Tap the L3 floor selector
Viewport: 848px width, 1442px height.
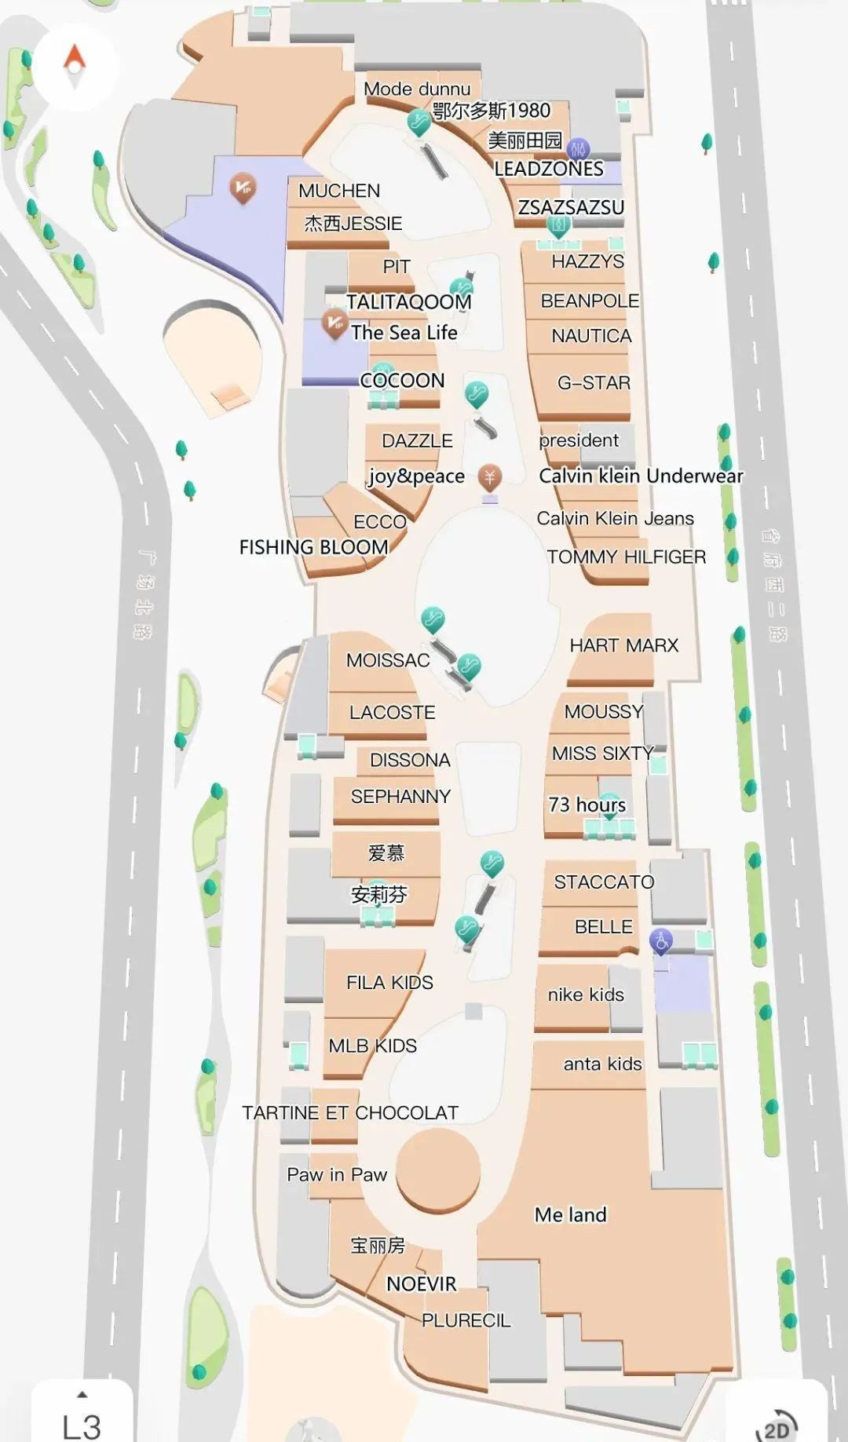82,1422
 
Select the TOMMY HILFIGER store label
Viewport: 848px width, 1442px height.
626,557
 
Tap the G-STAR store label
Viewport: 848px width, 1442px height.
594,383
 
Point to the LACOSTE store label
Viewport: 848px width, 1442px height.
392,713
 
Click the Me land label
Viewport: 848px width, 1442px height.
570,1215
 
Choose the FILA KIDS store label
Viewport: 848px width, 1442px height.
389,983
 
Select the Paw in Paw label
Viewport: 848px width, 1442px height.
337,1175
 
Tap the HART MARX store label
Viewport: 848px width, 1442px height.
623,645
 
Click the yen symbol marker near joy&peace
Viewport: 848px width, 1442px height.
490,476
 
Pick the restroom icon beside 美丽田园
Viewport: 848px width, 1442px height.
578,148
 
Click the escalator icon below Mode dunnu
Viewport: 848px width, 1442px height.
419,122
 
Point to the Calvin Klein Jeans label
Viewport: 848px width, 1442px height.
615,519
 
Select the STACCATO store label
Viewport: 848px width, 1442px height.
604,882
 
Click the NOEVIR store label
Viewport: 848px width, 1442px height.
421,1284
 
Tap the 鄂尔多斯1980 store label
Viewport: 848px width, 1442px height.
492,111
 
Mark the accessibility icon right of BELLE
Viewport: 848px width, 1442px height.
661,940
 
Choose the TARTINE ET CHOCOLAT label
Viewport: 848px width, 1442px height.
349,1113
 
